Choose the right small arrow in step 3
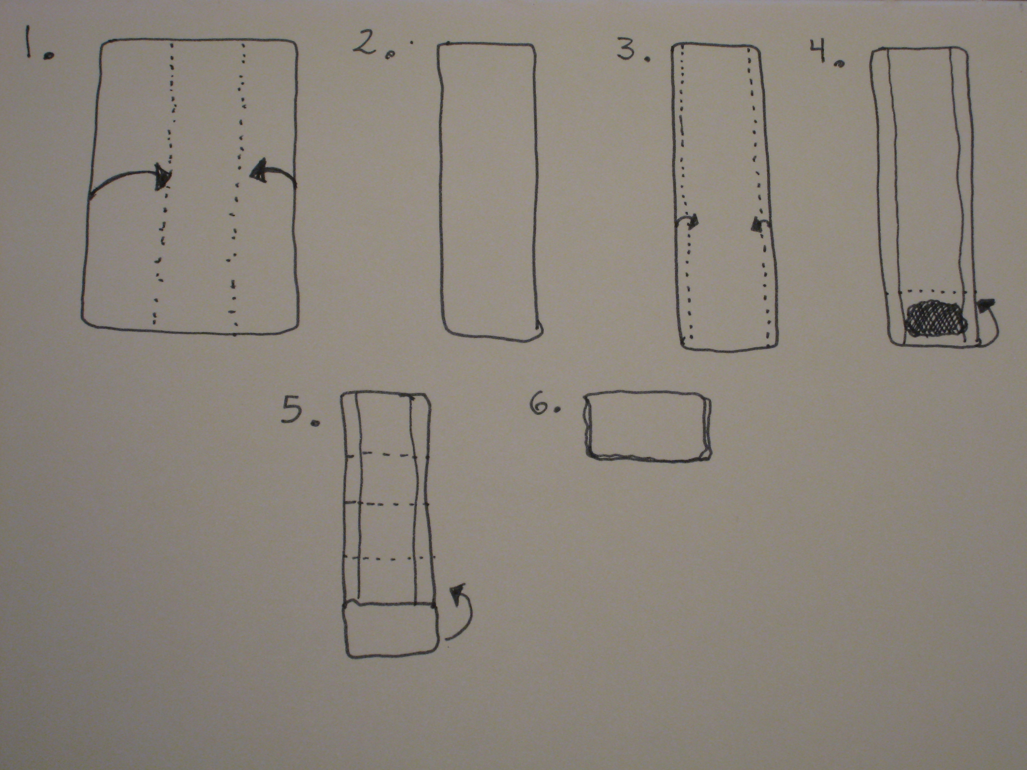pyautogui.click(x=761, y=224)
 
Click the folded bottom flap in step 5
pyautogui.click(x=390, y=630)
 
